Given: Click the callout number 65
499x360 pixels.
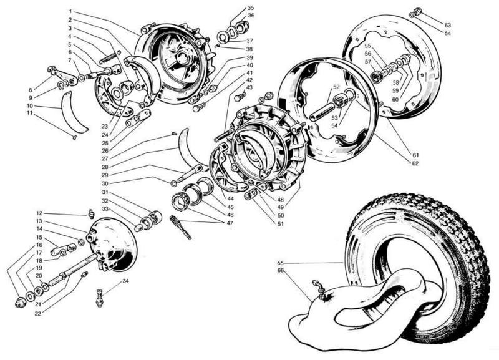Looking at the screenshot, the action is (x=280, y=263).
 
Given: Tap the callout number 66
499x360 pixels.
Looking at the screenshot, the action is (x=280, y=270).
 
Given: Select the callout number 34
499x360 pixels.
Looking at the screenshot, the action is (x=126, y=281).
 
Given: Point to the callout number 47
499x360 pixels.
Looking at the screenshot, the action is (x=230, y=223).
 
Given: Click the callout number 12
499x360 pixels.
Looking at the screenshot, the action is (x=39, y=213).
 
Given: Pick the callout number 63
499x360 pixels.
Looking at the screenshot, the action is (x=448, y=25).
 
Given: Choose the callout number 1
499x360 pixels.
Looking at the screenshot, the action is (x=70, y=11).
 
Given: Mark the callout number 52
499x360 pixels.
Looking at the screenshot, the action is (x=337, y=87).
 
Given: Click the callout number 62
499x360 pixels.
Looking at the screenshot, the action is (x=415, y=163).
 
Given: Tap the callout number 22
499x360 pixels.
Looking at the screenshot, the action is (x=38, y=314).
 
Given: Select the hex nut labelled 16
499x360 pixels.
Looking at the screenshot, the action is (x=20, y=302).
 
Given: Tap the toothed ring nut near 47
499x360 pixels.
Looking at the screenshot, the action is (x=178, y=201).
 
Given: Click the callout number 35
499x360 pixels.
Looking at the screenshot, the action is (x=251, y=8).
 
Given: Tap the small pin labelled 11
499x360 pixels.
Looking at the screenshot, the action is (x=74, y=137).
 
